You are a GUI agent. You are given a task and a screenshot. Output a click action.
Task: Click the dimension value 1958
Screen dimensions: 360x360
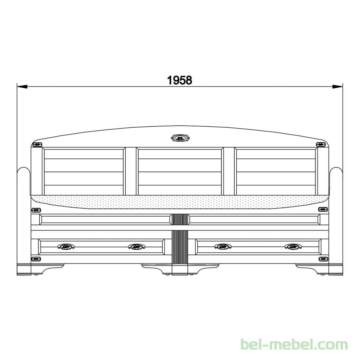(180, 81)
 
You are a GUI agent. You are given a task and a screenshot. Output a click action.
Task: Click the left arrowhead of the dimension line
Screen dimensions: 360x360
(22, 86)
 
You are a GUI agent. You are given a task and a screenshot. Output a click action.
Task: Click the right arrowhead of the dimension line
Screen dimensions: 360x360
(337, 86)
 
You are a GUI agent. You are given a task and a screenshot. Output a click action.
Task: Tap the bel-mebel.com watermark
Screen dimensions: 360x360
(294, 345)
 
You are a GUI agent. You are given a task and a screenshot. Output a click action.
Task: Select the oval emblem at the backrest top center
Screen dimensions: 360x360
(180, 138)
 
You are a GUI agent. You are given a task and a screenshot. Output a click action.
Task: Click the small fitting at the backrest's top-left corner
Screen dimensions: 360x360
(37, 145)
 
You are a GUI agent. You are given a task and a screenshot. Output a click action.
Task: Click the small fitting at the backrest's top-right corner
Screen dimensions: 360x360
(321, 144)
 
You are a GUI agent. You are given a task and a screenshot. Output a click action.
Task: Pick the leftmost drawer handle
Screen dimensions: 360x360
(66, 247)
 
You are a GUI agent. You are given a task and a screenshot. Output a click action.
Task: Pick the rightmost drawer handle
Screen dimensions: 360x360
(293, 247)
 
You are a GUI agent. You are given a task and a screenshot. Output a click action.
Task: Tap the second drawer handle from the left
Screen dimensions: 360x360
(136, 247)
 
